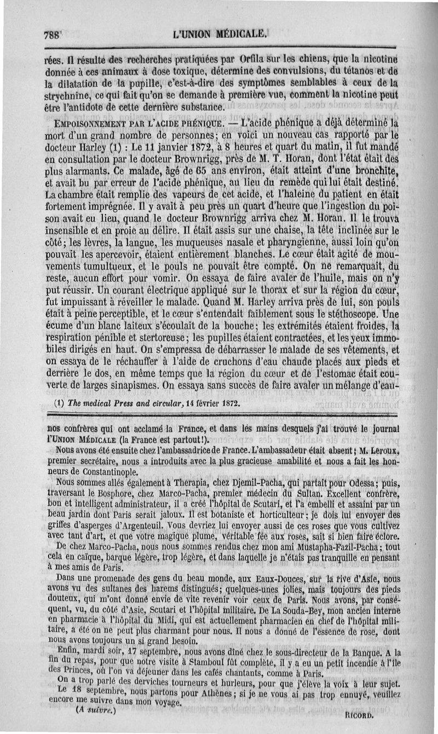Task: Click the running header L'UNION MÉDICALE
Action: [220, 33]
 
